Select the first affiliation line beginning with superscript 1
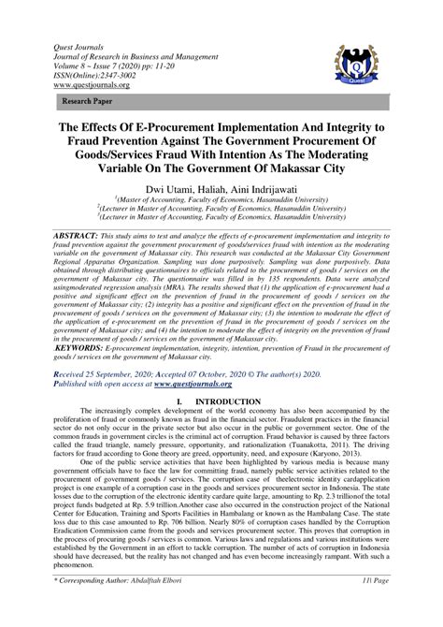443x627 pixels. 222,199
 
